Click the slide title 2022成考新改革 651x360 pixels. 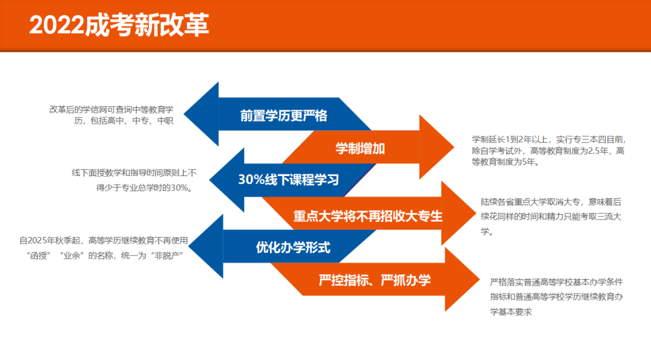coord(119,25)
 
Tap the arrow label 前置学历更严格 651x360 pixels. coord(283,115)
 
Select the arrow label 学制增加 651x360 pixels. coord(360,148)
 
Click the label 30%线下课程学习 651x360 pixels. coord(289,180)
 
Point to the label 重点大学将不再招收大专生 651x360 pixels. coord(368,215)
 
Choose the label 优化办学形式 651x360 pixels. coord(293,247)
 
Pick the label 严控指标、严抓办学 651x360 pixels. coord(374,280)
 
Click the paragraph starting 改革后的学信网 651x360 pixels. coord(112,115)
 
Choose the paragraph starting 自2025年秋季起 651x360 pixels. coord(104,247)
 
